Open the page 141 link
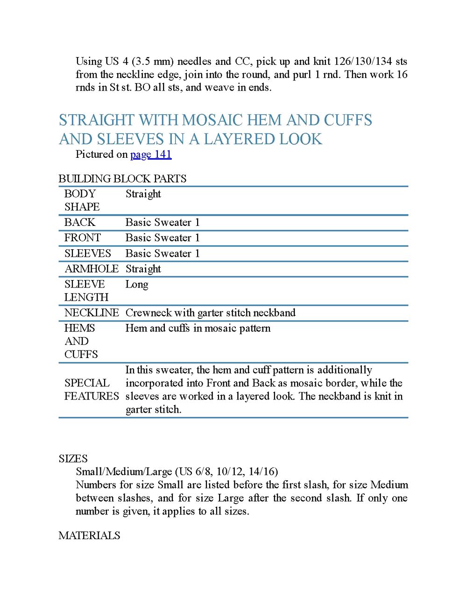(x=151, y=155)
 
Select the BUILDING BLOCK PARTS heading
(x=122, y=179)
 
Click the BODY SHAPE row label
(x=82, y=200)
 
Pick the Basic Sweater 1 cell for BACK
(x=163, y=223)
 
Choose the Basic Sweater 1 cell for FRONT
(x=163, y=238)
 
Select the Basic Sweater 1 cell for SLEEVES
(x=163, y=253)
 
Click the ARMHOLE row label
(x=92, y=269)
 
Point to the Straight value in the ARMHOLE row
(x=143, y=269)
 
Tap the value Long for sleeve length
(x=137, y=284)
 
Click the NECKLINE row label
(x=92, y=313)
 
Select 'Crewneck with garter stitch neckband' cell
(x=211, y=313)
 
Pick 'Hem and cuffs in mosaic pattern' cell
(x=198, y=328)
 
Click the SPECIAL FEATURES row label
(x=92, y=389)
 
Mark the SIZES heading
(x=73, y=459)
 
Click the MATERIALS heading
(x=89, y=535)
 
